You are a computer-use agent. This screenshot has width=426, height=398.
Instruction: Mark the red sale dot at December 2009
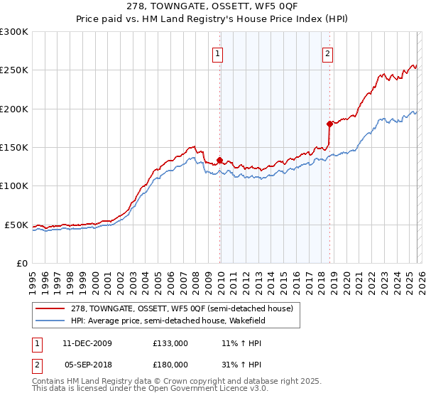click(220, 161)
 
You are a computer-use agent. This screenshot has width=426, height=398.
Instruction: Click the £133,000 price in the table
click(170, 343)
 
